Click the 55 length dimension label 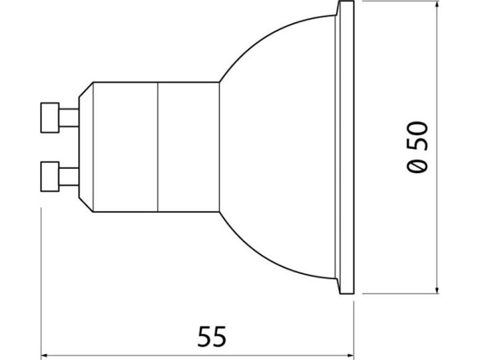pos(212,337)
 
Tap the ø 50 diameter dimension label pos(417,147)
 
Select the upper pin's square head pos(50,118)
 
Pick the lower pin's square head pos(50,177)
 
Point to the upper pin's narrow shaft pos(69,118)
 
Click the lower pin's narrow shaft pos(69,177)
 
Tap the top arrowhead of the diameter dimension pos(437,4)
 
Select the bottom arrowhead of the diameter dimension pos(437,290)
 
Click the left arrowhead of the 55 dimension pos(45,355)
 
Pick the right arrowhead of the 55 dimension pos(350,355)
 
